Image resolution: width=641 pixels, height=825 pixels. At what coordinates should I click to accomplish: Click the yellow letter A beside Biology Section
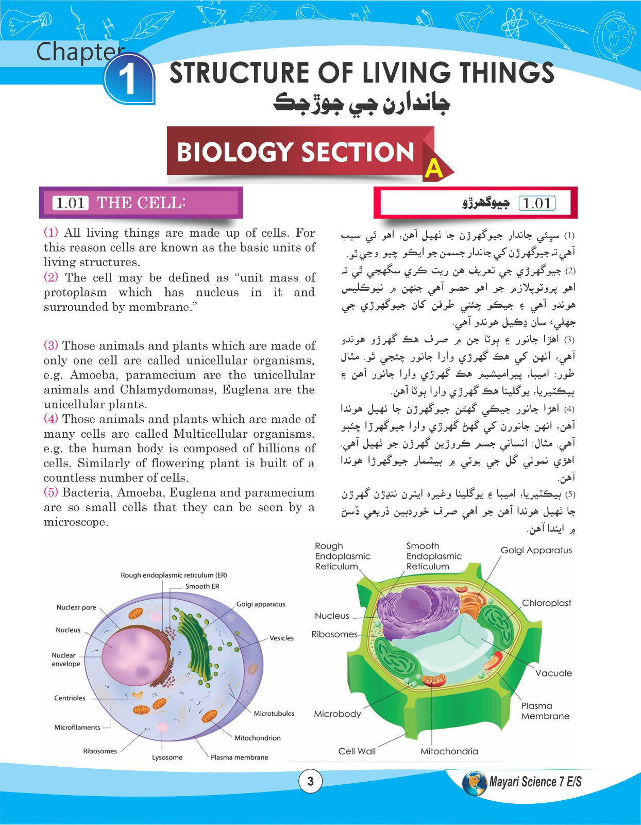[434, 168]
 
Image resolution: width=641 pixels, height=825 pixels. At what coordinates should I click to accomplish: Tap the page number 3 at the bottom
[310, 781]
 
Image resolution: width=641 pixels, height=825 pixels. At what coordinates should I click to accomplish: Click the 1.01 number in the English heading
[70, 203]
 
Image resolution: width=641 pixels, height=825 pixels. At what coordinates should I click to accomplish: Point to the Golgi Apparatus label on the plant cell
[536, 550]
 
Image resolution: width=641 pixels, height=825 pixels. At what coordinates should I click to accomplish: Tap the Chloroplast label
[546, 603]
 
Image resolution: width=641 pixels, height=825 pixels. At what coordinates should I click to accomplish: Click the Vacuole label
[553, 673]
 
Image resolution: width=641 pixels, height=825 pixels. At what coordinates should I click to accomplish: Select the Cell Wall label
[357, 751]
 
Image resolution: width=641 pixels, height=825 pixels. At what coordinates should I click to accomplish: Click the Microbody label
[338, 714]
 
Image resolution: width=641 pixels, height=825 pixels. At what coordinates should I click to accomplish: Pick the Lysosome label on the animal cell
[167, 757]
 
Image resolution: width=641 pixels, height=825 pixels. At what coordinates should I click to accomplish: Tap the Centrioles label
[70, 698]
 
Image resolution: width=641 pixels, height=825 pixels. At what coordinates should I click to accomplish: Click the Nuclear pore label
[76, 607]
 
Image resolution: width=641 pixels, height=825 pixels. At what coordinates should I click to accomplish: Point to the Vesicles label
[281, 638]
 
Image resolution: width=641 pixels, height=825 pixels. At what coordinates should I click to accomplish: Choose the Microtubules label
[274, 714]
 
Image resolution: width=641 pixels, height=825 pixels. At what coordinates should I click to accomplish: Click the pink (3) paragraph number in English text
[51, 345]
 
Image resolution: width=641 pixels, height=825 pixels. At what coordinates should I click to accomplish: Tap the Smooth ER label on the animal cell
[202, 586]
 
